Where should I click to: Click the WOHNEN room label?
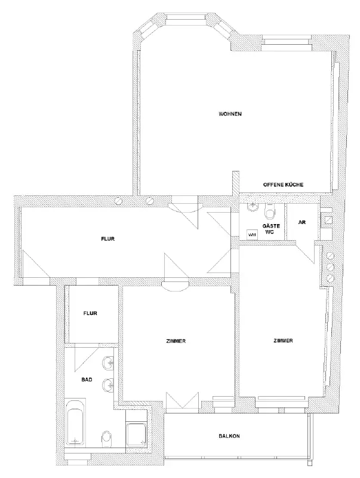[230, 114]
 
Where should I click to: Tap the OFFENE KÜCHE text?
[283, 185]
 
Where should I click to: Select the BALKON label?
[229, 436]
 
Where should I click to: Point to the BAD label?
[87, 380]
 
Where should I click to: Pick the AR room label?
[302, 222]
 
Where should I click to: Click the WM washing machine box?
[251, 234]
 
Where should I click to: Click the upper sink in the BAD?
[108, 363]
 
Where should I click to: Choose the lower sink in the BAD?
[108, 385]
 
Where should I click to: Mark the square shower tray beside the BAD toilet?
[137, 434]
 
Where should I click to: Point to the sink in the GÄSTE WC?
[253, 207]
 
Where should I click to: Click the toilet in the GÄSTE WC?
[270, 211]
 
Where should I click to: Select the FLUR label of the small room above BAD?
[91, 313]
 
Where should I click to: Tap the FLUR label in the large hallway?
[108, 239]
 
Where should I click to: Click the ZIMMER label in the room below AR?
[283, 341]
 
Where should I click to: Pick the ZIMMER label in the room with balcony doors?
[176, 341]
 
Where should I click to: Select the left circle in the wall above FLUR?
[118, 201]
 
